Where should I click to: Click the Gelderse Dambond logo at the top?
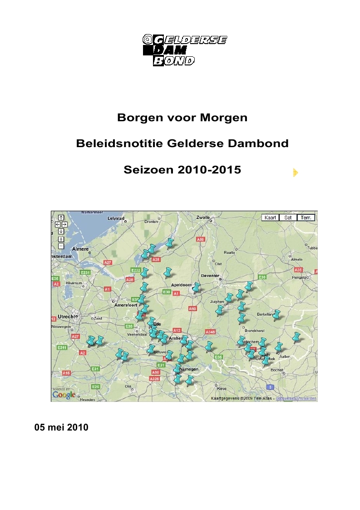(185, 50)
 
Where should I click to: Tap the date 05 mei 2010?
(61, 428)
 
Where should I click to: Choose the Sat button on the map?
(288, 218)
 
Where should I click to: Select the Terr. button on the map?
(306, 218)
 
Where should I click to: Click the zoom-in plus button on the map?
(61, 239)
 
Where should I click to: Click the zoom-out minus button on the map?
(61, 246)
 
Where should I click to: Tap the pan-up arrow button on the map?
(61, 218)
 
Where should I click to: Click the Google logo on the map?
(64, 395)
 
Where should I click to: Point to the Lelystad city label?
(115, 218)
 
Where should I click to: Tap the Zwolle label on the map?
(203, 218)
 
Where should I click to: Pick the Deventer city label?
(210, 276)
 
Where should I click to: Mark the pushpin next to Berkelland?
(276, 314)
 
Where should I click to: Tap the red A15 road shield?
(66, 373)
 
